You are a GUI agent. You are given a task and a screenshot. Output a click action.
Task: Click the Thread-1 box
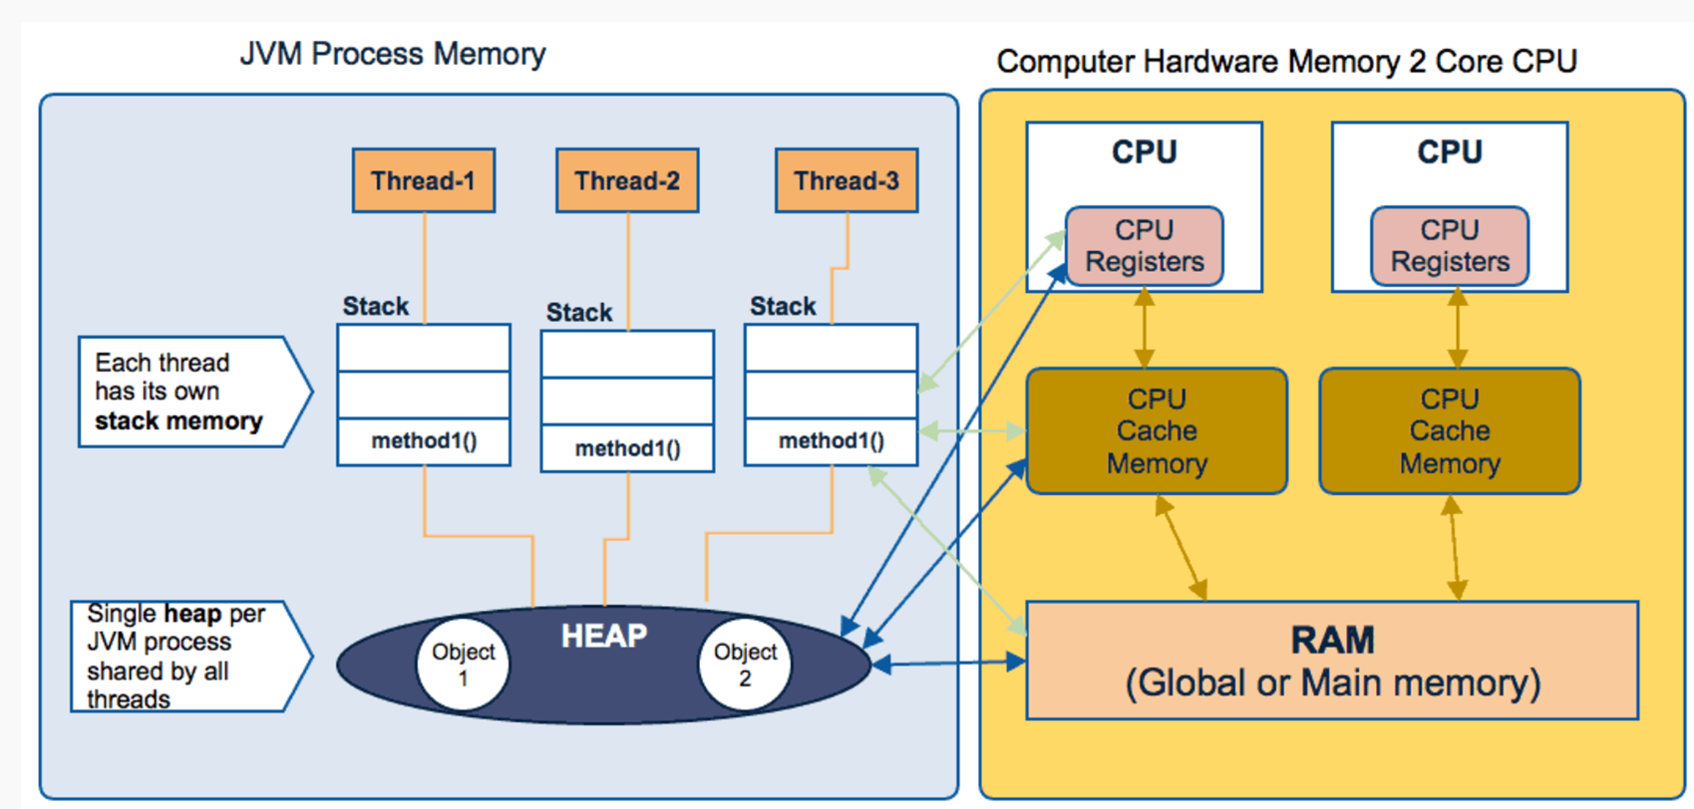[x=424, y=180]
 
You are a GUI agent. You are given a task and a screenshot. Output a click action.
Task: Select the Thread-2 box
[x=627, y=180]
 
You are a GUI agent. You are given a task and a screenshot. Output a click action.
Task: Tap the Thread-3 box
[x=847, y=180]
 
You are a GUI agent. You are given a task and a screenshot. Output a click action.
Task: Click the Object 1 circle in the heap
[x=463, y=665]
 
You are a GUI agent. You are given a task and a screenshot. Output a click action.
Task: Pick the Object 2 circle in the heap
[x=745, y=665]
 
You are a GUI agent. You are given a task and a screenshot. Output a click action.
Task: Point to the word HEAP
[x=604, y=636]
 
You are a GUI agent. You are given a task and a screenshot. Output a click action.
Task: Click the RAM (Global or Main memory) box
[x=1332, y=661]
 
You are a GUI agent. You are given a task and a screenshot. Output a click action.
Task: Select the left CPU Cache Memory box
[x=1157, y=431]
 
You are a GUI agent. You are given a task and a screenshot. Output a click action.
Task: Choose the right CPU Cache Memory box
[x=1450, y=431]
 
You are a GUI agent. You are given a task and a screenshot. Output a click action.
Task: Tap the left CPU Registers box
[x=1145, y=246]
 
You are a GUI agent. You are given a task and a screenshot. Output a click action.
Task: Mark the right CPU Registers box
[x=1450, y=246]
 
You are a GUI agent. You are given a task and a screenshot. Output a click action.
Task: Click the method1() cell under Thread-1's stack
[x=424, y=441]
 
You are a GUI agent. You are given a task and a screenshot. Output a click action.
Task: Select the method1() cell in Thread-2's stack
[x=627, y=448]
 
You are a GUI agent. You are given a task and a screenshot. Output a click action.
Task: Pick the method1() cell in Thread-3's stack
[x=831, y=441]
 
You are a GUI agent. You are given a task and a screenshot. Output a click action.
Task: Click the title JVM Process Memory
[x=393, y=54]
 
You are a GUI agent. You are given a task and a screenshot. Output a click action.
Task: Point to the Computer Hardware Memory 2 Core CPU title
[x=1286, y=62]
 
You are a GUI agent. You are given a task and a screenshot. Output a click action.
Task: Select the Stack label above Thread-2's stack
[x=579, y=313]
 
